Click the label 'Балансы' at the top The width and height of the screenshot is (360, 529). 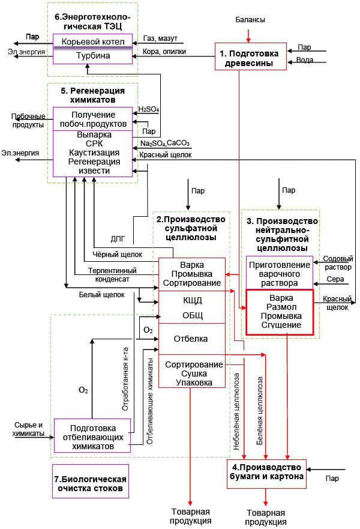[x=250, y=20]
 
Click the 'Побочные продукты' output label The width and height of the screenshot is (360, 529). [x=28, y=120]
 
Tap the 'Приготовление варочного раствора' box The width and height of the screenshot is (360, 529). [x=280, y=273]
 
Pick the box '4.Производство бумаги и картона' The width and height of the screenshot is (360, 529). [x=267, y=473]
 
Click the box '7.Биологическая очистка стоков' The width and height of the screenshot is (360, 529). [x=91, y=484]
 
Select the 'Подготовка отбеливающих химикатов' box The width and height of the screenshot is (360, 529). [x=92, y=434]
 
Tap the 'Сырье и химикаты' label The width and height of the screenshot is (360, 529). [x=28, y=429]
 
